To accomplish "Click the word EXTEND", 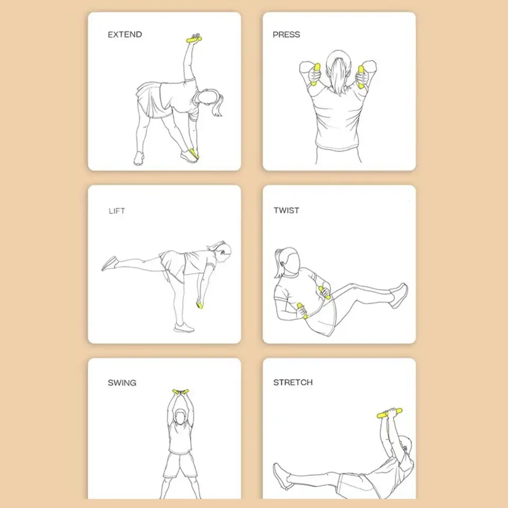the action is tap(125, 35).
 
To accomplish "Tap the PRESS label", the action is tap(286, 35).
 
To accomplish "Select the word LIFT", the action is tap(117, 211).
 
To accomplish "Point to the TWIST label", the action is tap(286, 211).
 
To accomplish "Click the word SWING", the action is tap(122, 383).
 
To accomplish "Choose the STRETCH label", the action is tap(293, 383).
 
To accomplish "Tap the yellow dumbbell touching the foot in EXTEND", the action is tap(194, 153).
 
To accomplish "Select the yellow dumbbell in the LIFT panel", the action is tap(199, 305).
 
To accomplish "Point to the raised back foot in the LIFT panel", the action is tap(110, 263).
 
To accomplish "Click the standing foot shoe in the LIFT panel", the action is tap(184, 328).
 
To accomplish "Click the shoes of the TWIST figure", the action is tap(399, 295).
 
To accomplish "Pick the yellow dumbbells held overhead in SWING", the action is tap(180, 392).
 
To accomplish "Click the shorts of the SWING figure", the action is tap(180, 465).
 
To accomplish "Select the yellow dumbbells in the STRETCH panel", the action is tap(389, 413).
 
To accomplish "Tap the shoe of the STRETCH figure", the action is tap(281, 476).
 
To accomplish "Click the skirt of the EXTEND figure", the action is tap(152, 99).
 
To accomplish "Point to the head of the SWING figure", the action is tap(181, 416).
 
